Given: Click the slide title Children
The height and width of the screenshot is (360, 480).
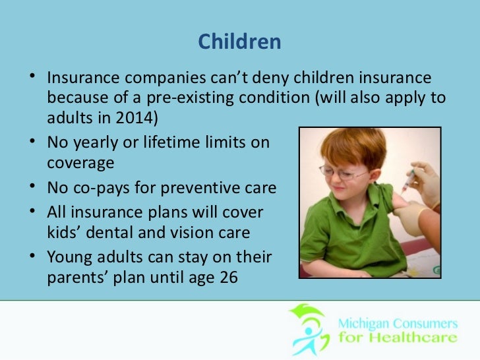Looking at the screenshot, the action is tap(239, 42).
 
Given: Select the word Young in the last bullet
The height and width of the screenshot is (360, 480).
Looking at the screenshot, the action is tap(69, 257).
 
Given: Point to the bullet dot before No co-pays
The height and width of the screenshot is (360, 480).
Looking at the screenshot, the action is tap(32, 185).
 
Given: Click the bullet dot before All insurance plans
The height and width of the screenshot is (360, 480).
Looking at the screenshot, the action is tap(32, 210).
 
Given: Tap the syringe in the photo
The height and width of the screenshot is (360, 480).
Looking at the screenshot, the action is tap(409, 181).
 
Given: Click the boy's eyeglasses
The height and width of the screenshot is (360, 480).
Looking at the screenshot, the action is tap(343, 173).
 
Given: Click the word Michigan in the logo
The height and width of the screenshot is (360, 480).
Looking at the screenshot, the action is tap(364, 324).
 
